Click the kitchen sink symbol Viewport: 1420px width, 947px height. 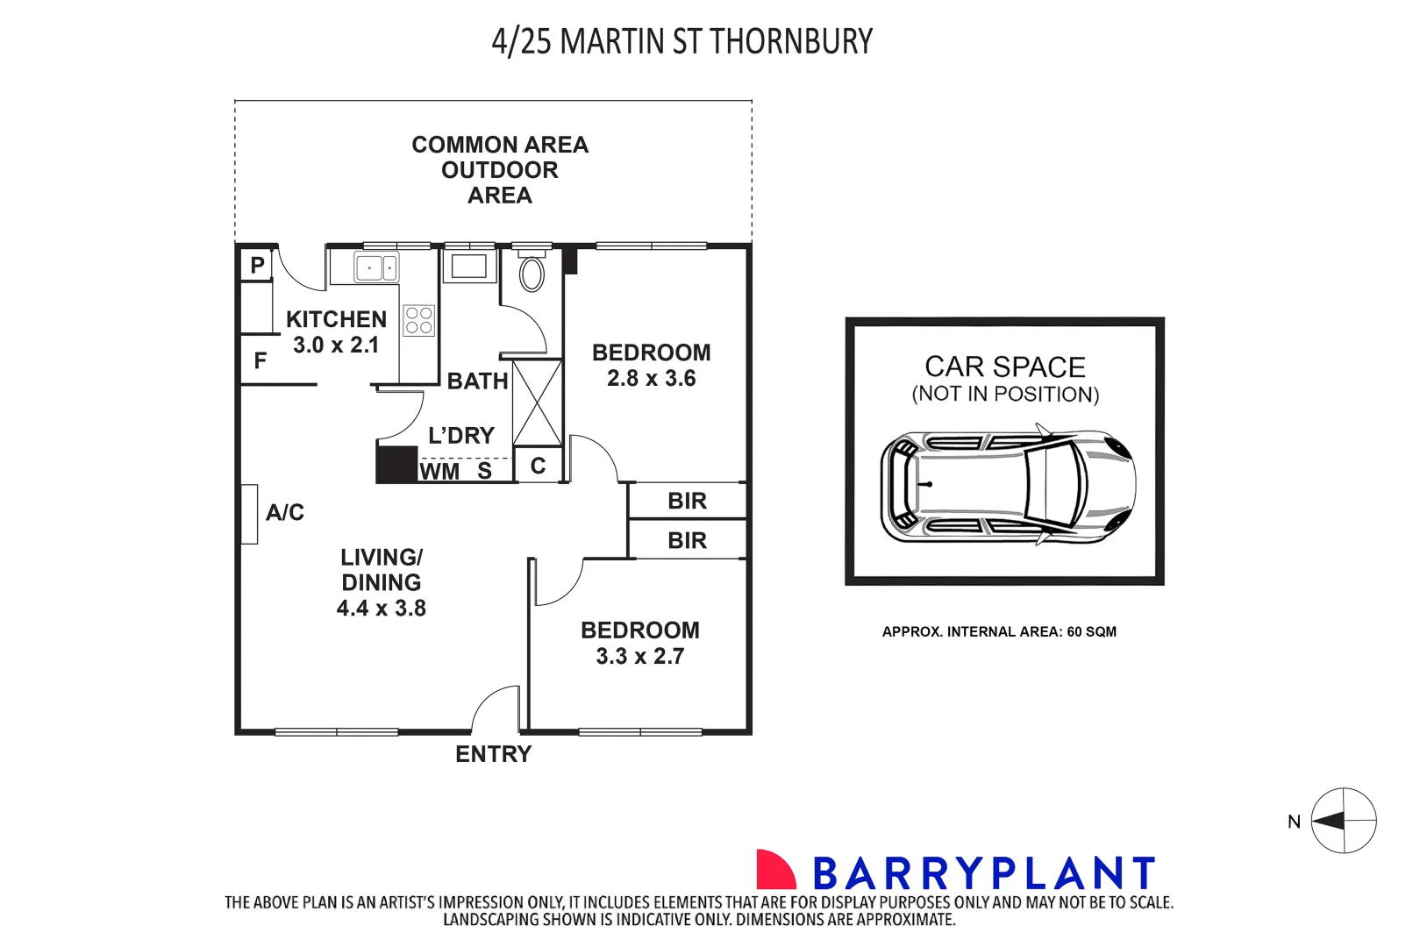click(376, 268)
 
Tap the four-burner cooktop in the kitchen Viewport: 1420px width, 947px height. click(419, 321)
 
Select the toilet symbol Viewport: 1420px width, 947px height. click(532, 274)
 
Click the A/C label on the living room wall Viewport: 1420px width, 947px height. click(285, 513)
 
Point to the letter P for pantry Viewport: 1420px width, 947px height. click(257, 265)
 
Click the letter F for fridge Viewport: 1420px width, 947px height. click(260, 360)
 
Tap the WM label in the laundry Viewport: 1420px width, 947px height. click(439, 472)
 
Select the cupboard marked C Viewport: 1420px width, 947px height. click(539, 466)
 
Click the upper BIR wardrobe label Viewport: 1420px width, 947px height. click(687, 501)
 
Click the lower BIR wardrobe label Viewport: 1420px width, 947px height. click(687, 540)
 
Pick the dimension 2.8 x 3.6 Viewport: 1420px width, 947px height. click(652, 379)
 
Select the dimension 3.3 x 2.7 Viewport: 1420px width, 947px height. click(640, 657)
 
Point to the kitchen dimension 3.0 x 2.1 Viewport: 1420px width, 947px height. click(336, 345)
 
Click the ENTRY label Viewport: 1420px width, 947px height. click(493, 754)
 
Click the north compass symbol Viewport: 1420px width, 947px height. click(1343, 821)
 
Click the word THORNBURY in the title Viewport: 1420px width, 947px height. click(791, 42)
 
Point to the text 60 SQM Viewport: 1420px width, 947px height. click(1091, 631)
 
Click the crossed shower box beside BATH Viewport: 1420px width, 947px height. click(537, 402)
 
